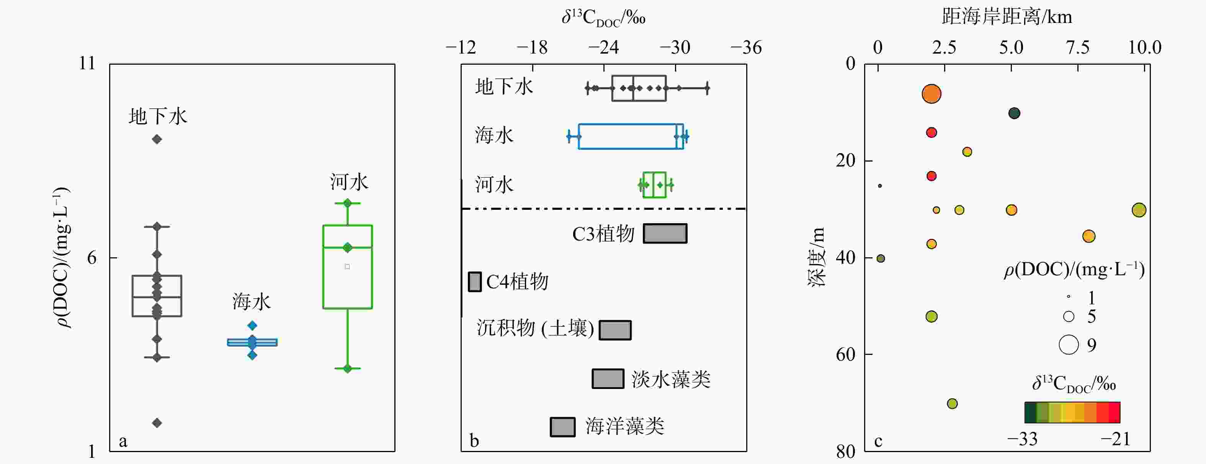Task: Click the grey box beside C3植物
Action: (x=665, y=233)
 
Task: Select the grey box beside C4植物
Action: (x=474, y=282)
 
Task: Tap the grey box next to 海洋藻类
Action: (x=562, y=426)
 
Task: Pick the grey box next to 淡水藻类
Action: (x=608, y=378)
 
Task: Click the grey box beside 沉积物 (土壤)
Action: (x=615, y=330)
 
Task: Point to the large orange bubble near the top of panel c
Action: (x=931, y=94)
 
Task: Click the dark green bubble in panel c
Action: (x=1014, y=113)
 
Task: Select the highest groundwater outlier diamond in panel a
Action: (x=157, y=139)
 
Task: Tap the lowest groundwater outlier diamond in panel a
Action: (x=157, y=423)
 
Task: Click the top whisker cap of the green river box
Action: (x=347, y=203)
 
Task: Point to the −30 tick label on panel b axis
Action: (x=675, y=47)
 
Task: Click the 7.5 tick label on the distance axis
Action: (x=1078, y=47)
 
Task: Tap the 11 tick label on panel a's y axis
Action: (x=87, y=63)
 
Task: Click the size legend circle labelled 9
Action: (x=1069, y=345)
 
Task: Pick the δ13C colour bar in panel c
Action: (x=1072, y=412)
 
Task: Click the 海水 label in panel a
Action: (x=252, y=302)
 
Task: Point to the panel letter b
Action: (x=474, y=441)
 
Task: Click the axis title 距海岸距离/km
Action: (x=1007, y=17)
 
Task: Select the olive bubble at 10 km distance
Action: (x=1139, y=210)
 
